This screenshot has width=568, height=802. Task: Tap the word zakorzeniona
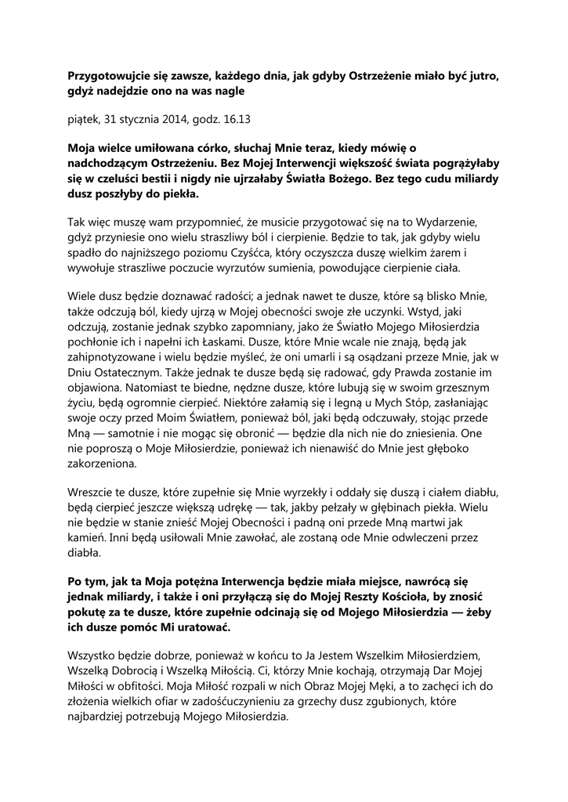click(x=102, y=463)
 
